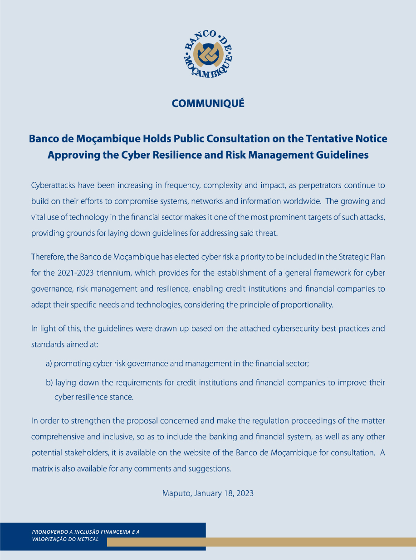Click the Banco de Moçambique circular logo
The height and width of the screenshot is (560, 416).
click(x=208, y=54)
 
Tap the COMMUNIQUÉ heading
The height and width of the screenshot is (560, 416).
click(x=208, y=104)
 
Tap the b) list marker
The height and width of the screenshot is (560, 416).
click(x=49, y=383)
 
